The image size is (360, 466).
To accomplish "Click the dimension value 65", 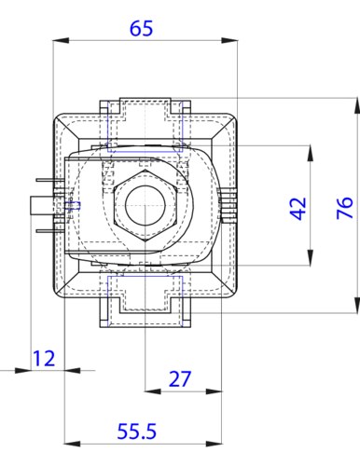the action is pos(141,28).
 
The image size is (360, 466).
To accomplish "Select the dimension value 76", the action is pos(345,208).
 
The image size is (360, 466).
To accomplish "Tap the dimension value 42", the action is pos(298,209).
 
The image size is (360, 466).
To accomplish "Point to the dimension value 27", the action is pos(179,378).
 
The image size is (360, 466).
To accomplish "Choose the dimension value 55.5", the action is pos(136,432).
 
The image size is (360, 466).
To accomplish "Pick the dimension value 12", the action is pos(44,358).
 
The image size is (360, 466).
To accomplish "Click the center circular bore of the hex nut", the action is pos(145,205).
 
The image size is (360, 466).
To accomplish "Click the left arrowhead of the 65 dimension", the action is pos(61,41).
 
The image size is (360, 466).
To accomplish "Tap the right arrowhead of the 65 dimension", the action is pos(229,41).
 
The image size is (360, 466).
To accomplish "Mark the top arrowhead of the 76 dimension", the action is pos(357,105).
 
